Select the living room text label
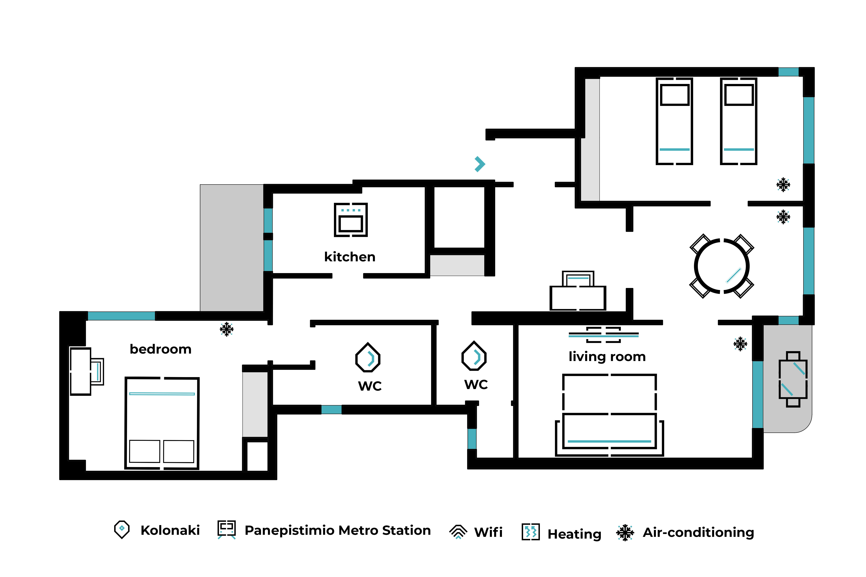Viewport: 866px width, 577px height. click(607, 357)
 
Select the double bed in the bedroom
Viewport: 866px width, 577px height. click(162, 423)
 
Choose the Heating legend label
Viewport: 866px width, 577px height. click(574, 534)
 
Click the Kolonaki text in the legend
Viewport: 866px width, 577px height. click(170, 530)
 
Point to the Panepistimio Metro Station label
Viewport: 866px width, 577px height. click(338, 530)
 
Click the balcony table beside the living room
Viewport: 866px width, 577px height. click(793, 379)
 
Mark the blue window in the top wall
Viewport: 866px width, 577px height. click(788, 72)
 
